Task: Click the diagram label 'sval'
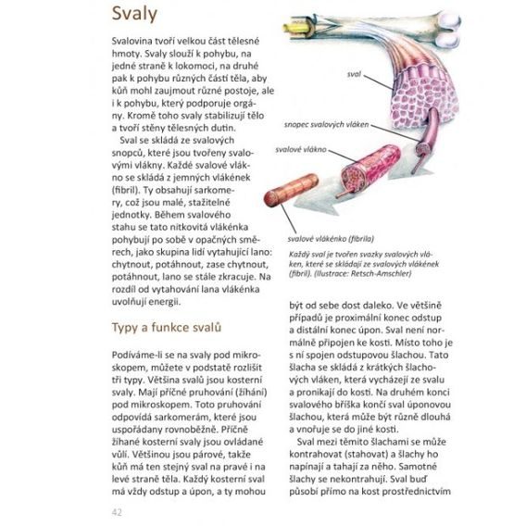point(354,72)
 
